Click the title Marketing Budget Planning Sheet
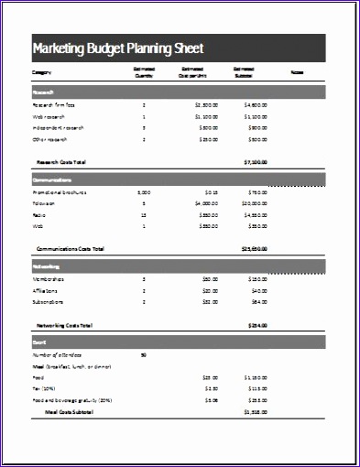[117, 49]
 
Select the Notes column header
[298, 71]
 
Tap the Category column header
[42, 71]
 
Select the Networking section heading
[48, 266]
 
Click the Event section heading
[39, 341]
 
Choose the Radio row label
[40, 215]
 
